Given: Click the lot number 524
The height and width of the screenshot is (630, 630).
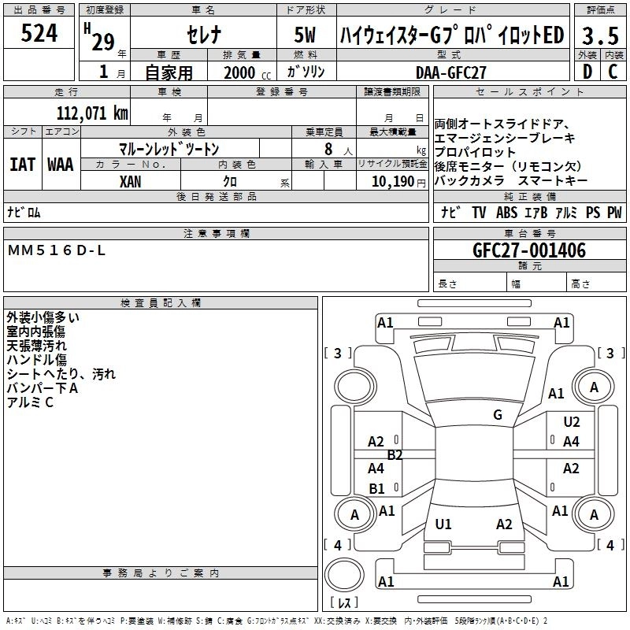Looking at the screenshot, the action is (39, 34).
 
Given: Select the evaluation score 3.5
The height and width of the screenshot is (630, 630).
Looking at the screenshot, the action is (599, 36).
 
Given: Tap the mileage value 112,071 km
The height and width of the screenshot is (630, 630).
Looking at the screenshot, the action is (92, 113).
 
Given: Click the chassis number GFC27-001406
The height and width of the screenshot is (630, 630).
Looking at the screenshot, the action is (528, 251).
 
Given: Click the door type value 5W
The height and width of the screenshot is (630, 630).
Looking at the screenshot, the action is (306, 36).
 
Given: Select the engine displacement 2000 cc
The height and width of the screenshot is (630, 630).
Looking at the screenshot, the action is (245, 72).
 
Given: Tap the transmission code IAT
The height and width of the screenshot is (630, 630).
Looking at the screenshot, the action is (22, 165).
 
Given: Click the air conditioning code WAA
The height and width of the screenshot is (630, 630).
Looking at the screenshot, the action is (61, 165).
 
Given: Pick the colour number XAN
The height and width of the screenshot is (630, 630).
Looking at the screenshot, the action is (131, 181).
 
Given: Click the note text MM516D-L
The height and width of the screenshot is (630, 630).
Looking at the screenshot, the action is (56, 250).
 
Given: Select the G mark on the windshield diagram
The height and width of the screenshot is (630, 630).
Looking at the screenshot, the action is (497, 415).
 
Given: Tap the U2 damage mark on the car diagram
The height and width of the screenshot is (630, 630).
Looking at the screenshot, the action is (571, 422).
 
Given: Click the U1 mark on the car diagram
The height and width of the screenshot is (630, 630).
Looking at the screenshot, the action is (443, 524).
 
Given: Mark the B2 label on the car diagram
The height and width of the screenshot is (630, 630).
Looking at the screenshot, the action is (395, 455).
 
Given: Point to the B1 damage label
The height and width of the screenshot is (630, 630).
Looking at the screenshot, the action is (377, 488).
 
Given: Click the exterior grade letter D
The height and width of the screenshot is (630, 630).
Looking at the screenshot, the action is (587, 72).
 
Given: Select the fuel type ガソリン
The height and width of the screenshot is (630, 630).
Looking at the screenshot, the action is (306, 72).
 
